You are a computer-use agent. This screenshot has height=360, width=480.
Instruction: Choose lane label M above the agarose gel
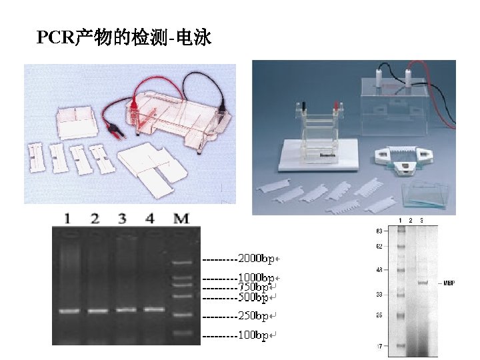(181, 218)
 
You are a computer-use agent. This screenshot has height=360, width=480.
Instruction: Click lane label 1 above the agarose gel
(67, 218)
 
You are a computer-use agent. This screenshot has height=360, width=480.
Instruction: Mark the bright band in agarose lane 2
(97, 310)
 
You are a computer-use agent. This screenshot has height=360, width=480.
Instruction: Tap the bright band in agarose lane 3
(126, 309)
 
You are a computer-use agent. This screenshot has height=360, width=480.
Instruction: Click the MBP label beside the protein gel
(450, 283)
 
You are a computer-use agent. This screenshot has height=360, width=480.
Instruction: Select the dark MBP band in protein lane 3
(422, 282)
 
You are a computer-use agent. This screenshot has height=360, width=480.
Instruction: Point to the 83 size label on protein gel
(379, 231)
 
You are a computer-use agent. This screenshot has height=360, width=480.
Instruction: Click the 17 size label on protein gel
(379, 346)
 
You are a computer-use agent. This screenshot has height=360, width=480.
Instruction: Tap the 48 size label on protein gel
(379, 271)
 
